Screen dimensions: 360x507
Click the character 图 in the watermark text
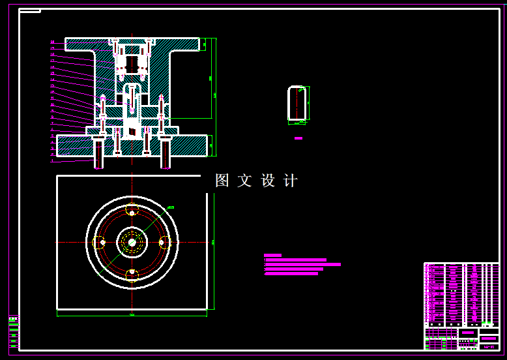pyautogui.click(x=222, y=181)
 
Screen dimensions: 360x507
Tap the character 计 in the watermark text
pyautogui.click(x=290, y=181)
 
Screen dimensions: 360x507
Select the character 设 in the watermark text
pyautogui.click(x=268, y=181)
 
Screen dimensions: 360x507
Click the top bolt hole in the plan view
pyautogui.click(x=132, y=213)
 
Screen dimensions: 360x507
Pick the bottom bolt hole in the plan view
pyautogui.click(x=132, y=272)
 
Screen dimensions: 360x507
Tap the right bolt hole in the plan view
pyautogui.click(x=162, y=243)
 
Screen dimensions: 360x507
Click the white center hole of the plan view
pyautogui.click(x=132, y=243)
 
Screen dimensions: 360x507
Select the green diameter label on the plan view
pyautogui.click(x=171, y=208)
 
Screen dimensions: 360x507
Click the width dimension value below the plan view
pyautogui.click(x=132, y=315)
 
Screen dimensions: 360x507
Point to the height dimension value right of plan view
pyautogui.click(x=212, y=242)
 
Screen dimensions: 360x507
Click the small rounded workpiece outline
pyautogui.click(x=298, y=104)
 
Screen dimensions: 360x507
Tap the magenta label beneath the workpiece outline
pyautogui.click(x=298, y=138)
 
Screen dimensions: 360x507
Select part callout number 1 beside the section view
pyautogui.click(x=53, y=160)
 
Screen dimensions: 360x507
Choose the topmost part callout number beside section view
pyautogui.click(x=53, y=42)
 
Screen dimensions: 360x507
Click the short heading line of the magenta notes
pyautogui.click(x=272, y=255)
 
